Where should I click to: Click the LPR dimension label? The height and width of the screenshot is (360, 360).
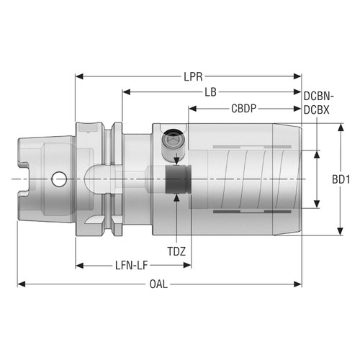pyautogui.click(x=192, y=75)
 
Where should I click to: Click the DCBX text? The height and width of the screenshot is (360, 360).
pyautogui.click(x=317, y=109)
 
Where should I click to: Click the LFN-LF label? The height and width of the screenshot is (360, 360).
pyautogui.click(x=135, y=265)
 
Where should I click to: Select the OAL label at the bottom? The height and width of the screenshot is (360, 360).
pyautogui.click(x=159, y=284)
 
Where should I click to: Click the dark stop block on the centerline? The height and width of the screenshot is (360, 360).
pyautogui.click(x=176, y=179)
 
